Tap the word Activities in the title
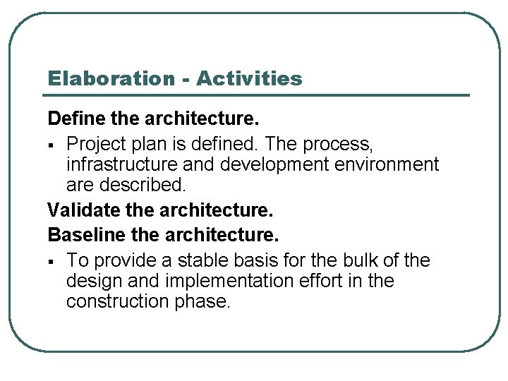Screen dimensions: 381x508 click(249, 78)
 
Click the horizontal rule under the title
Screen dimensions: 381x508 click(258, 95)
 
